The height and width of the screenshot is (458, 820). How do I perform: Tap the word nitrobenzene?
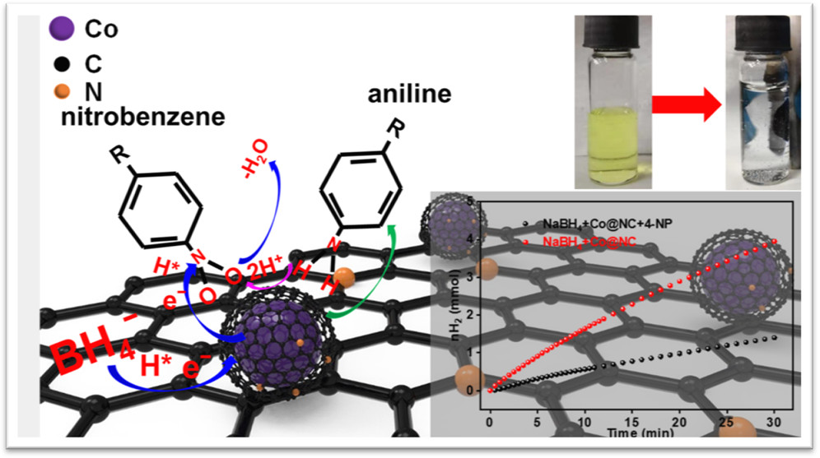point(142,117)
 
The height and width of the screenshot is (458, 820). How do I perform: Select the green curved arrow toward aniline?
point(375,271)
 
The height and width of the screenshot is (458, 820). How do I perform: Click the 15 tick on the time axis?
point(632,420)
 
